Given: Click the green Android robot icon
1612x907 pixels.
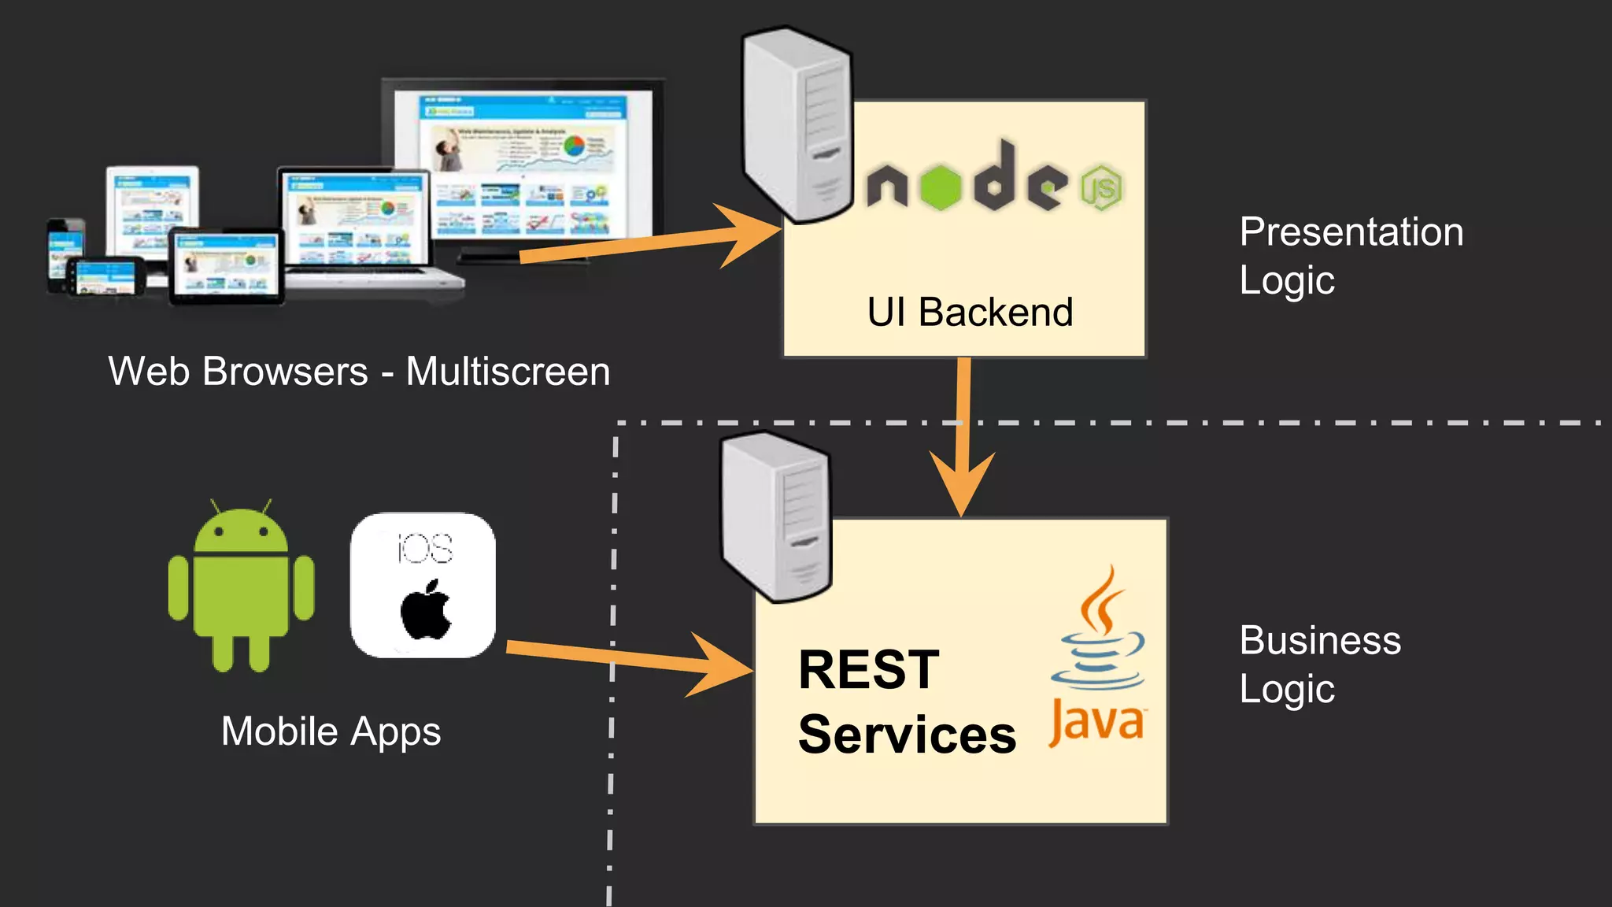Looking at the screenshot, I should click(241, 587).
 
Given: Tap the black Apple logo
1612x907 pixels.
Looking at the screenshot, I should click(426, 610).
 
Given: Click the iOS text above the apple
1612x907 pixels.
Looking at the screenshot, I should click(424, 548).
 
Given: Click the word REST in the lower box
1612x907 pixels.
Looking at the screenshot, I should click(869, 670).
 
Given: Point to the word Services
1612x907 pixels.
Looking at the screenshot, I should click(907, 735).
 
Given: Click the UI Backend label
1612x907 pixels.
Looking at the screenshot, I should click(970, 313).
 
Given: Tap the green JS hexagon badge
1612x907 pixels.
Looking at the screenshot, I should click(1101, 187).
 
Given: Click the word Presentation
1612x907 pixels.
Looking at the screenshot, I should click(1351, 232).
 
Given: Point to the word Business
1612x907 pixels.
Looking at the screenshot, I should click(1320, 640).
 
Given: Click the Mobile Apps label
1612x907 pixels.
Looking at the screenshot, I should click(331, 731).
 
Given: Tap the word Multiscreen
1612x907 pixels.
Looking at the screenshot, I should click(508, 372).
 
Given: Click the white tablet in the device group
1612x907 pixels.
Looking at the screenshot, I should click(153, 209).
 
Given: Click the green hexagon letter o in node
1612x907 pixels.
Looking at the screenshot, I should click(941, 187).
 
